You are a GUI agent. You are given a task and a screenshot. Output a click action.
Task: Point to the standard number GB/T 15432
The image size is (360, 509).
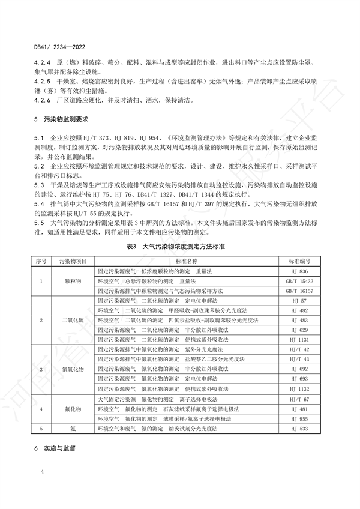tap(302, 281)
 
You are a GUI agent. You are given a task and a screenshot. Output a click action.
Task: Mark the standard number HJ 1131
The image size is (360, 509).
tap(302, 339)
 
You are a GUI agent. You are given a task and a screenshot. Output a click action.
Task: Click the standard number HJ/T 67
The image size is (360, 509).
tap(302, 399)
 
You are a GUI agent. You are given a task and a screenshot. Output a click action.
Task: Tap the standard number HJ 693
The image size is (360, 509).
tap(302, 379)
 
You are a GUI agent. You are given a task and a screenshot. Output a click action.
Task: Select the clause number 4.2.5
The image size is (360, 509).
tap(44, 80)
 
